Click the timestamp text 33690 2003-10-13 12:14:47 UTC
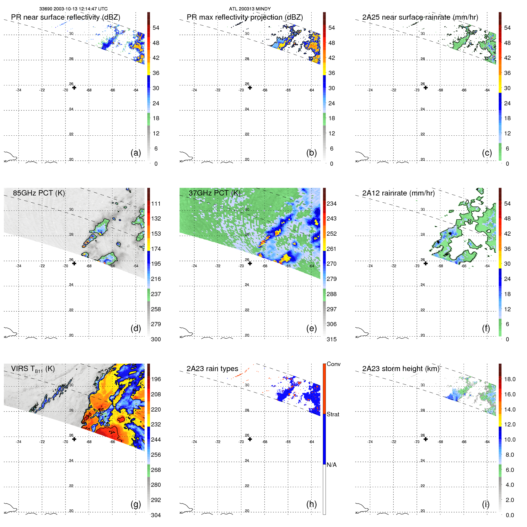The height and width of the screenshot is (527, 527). [73, 9]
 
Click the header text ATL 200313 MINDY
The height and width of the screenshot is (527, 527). [250, 9]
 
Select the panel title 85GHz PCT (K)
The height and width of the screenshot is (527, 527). [39, 193]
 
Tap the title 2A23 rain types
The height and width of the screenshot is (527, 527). [212, 369]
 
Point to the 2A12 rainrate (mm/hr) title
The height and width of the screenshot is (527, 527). [398, 193]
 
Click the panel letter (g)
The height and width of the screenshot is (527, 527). [136, 504]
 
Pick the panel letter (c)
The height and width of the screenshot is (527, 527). [487, 153]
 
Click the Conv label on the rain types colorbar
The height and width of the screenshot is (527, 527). [333, 364]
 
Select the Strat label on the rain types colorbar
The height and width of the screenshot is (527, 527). [333, 414]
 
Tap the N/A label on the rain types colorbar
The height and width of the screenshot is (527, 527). [331, 465]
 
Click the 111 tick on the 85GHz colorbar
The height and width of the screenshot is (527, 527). [156, 204]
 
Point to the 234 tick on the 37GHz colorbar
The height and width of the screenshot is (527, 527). [331, 204]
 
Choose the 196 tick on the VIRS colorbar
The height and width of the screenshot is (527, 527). [156, 379]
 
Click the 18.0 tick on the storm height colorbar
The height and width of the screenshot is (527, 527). [510, 379]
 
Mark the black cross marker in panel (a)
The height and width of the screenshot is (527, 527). [74, 88]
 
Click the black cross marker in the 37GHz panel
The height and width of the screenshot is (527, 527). [250, 263]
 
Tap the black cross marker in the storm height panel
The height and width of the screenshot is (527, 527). [426, 439]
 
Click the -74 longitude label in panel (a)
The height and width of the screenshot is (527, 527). [18, 90]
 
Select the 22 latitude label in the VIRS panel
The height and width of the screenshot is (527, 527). [71, 486]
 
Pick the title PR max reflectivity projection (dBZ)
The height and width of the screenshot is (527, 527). [245, 17]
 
